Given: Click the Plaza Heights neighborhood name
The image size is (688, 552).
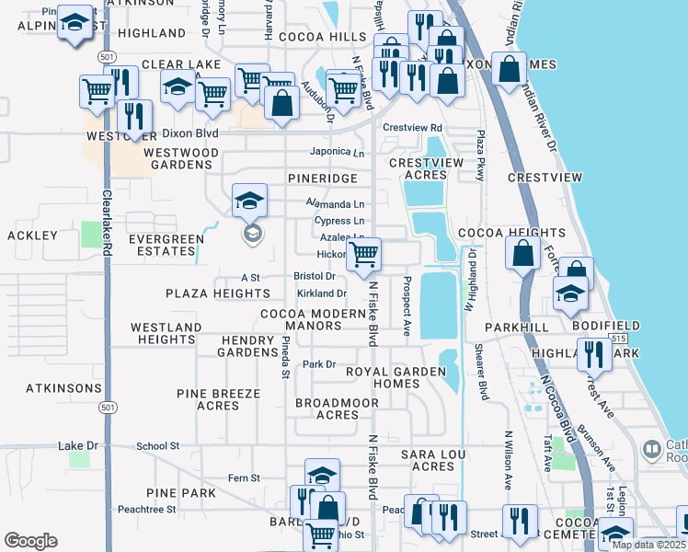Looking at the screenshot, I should click(x=218, y=293).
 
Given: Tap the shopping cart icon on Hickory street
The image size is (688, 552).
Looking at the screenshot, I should click(x=364, y=254).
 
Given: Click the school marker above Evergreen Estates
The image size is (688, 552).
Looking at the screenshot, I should click(x=249, y=201).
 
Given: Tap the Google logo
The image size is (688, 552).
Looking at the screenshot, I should click(x=30, y=541).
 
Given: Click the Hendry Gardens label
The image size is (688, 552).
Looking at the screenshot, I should click(x=248, y=346).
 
